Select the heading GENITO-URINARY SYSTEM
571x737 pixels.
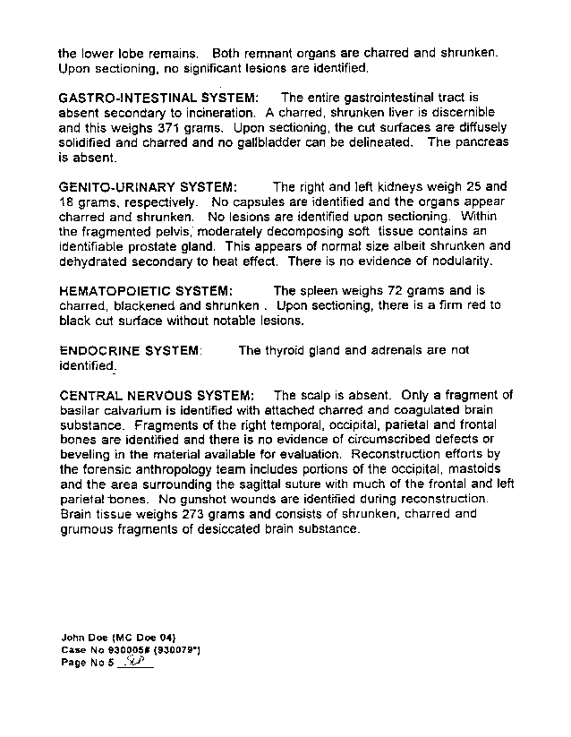148,187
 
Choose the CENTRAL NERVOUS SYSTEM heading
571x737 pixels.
157,396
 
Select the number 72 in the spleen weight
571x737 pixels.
396,291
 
